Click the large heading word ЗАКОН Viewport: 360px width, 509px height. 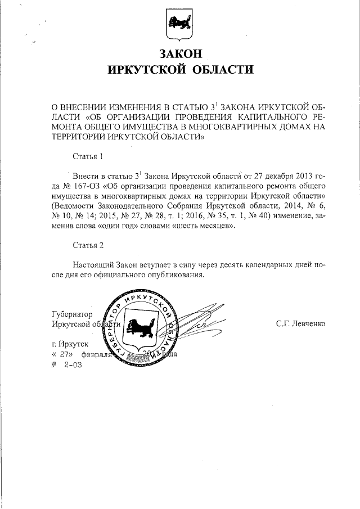pyautogui.click(x=180, y=54)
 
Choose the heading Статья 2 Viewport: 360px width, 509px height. pyautogui.click(x=89, y=245)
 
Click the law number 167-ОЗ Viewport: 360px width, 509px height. pyautogui.click(x=82, y=184)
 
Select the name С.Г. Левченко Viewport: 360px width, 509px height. pyautogui.click(x=301, y=324)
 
